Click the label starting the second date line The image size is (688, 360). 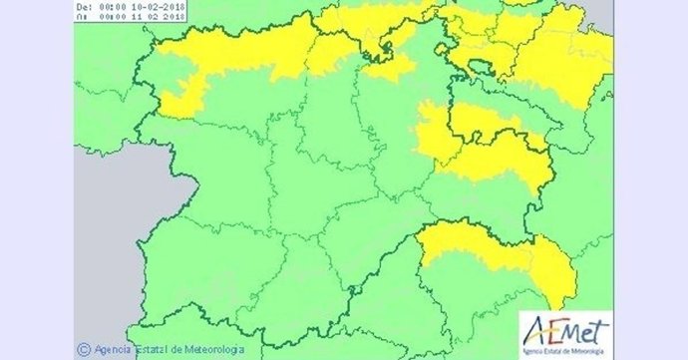click(x=83, y=16)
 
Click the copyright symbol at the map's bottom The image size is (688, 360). click(x=84, y=349)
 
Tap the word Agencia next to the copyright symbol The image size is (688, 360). click(x=114, y=349)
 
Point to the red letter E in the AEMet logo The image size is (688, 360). click(x=551, y=330)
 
